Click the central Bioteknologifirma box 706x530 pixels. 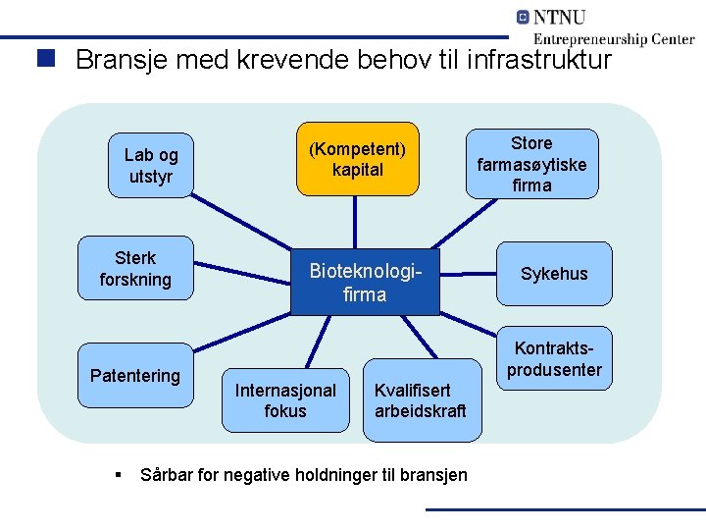tap(365, 281)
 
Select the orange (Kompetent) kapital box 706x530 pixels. tap(357, 159)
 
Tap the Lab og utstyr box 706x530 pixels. tap(151, 166)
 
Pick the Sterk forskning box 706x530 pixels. tap(135, 268)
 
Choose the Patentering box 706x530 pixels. tap(135, 376)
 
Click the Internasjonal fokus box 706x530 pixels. tap(285, 399)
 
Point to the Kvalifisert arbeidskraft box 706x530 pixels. tap(421, 399)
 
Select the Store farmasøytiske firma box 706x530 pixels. tap(531, 164)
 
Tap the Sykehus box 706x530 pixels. tap(554, 273)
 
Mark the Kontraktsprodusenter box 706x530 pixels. tap(554, 359)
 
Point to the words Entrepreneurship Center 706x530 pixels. tap(614, 39)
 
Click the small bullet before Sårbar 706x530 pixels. tap(118, 474)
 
